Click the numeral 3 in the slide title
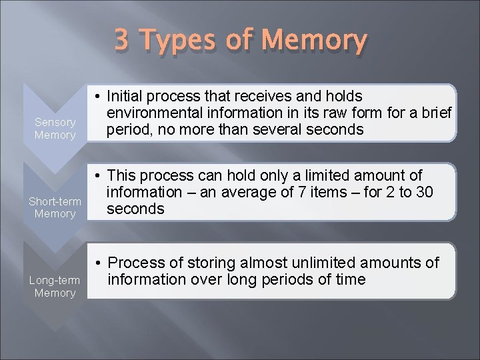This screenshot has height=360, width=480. pyautogui.click(x=121, y=40)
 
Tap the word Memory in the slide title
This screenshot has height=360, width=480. pyautogui.click(x=314, y=41)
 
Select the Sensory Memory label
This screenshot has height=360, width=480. pyautogui.click(x=55, y=129)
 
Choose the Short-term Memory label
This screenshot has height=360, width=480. pyautogui.click(x=55, y=207)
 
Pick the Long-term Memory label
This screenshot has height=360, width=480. pyautogui.click(x=55, y=287)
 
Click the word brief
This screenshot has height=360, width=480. pyautogui.click(x=435, y=113)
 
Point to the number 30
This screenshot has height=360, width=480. pyautogui.click(x=425, y=193)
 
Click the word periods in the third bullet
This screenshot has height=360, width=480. pyautogui.click(x=291, y=279)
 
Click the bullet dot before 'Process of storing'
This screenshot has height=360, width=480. pyautogui.click(x=97, y=263)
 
